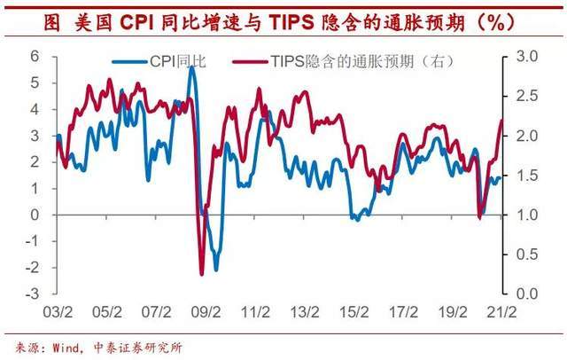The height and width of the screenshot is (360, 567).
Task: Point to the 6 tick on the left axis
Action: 35,55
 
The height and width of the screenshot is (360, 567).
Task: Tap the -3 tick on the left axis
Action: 32,294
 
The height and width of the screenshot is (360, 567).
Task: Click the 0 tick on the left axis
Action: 35,215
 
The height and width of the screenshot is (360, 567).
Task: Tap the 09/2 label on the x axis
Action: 206,312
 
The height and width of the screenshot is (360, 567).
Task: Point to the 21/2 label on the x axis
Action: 503,312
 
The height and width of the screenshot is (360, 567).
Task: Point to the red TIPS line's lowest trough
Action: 201,274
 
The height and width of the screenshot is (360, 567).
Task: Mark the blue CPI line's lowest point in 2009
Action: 215,270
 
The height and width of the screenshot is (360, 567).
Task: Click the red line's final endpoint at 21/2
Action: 501,121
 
